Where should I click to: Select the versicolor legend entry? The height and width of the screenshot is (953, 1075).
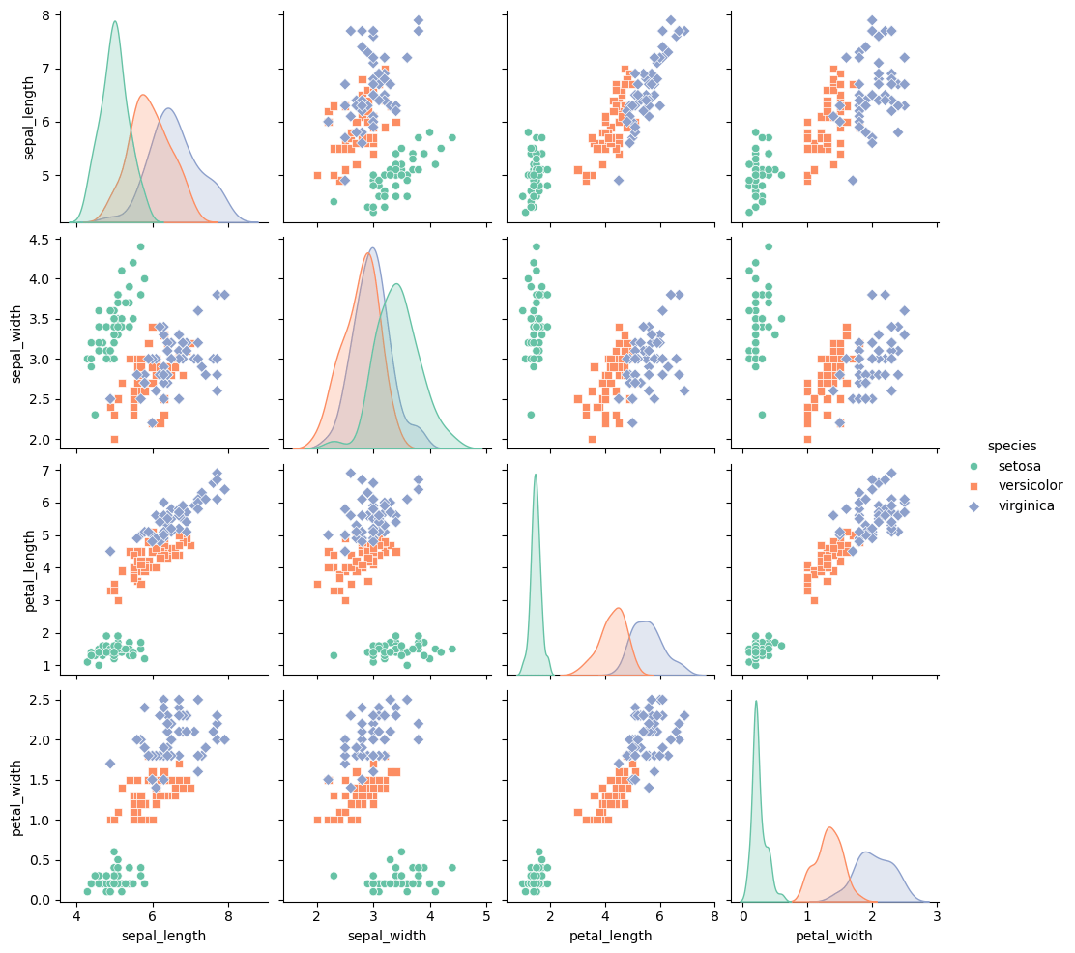(1030, 485)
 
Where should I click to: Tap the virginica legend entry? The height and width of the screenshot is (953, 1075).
(1027, 505)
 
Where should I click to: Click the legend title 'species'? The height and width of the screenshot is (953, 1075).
(1011, 446)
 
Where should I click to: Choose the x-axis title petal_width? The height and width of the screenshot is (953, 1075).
(833, 936)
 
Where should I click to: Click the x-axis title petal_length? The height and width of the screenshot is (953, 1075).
(610, 936)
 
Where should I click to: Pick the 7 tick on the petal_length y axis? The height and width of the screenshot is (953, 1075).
(54, 470)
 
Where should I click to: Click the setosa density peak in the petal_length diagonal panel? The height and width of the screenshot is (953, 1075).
(535, 475)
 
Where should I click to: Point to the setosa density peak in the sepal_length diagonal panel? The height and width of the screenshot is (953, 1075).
(115, 22)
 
